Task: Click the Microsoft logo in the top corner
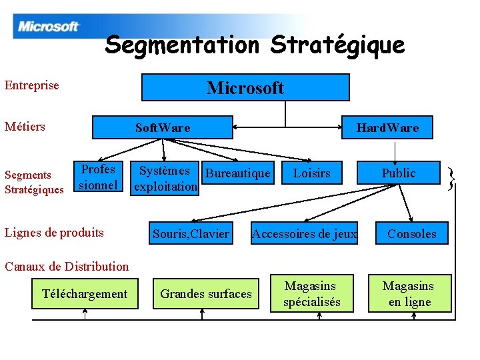coord(49,27)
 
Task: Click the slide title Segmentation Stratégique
coord(255,45)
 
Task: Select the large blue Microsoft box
coord(245,87)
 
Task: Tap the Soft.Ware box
coord(162,127)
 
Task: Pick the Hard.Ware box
coord(387,127)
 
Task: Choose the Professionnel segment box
coord(98,177)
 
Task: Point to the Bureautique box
coord(238,174)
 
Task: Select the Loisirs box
coord(312,174)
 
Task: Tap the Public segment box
coord(399,173)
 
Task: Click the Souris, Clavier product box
coord(191,233)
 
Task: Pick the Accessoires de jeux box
coord(304,233)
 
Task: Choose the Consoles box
coord(412,233)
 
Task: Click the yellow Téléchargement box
coord(85,294)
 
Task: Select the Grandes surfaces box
coord(206,294)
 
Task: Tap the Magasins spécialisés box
coord(312,294)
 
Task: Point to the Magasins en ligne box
coord(408,294)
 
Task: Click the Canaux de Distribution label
coord(67,267)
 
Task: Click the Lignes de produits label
coord(54,233)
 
